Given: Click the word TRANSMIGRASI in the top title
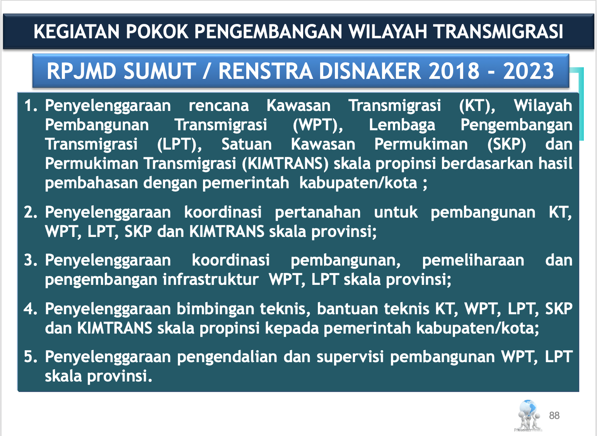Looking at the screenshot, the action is (x=499, y=32).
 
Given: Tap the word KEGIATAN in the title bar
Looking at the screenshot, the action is (x=77, y=32).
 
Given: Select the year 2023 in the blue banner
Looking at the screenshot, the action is (x=529, y=71).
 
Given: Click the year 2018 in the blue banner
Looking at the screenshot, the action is (x=454, y=71).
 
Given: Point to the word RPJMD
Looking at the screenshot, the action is (x=82, y=71).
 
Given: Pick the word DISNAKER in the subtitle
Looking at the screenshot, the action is (x=370, y=71).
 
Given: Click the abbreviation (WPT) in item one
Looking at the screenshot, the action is (x=318, y=125).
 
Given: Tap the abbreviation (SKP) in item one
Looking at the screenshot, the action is (x=507, y=145).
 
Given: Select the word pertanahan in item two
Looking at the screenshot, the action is (x=318, y=213).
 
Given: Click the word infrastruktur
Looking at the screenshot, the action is (x=211, y=279).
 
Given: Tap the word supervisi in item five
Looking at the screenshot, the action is (x=350, y=357).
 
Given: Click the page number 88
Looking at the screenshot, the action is (x=554, y=416).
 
